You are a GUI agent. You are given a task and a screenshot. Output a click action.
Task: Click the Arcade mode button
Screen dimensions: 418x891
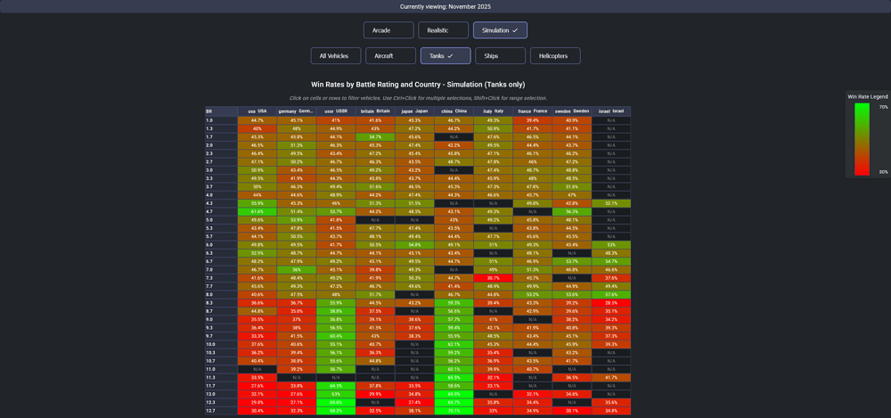[388, 30]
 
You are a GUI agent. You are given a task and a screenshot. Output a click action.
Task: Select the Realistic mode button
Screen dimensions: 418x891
[443, 30]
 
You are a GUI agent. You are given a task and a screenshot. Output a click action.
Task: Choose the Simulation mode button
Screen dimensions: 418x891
[500, 30]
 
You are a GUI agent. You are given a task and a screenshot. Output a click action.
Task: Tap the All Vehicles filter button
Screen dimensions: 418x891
[334, 56]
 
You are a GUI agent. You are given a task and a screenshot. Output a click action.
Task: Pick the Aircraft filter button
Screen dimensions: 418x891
[390, 56]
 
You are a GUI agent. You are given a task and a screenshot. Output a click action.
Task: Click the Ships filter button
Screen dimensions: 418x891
[500, 56]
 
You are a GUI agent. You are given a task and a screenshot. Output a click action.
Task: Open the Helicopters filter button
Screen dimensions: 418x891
[555, 56]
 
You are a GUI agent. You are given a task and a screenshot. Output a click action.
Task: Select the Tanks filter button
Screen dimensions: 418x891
[445, 56]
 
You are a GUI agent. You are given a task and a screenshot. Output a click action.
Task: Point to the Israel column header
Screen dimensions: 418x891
[611, 111]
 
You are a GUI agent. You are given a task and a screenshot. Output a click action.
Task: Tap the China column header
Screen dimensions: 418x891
[454, 111]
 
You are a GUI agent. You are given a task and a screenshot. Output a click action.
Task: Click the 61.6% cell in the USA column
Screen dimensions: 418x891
[257, 211]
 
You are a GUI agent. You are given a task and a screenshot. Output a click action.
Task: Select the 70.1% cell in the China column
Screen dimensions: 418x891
[454, 411]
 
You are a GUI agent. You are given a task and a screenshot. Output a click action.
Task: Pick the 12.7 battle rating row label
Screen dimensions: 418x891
[210, 411]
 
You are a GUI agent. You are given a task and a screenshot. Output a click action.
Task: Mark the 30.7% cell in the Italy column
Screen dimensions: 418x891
[493, 278]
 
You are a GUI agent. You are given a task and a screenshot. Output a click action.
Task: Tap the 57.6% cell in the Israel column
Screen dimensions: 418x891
[611, 294]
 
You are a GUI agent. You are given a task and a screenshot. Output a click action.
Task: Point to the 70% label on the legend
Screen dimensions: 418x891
[883, 107]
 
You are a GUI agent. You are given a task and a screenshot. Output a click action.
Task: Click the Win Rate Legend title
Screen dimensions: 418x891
[867, 96]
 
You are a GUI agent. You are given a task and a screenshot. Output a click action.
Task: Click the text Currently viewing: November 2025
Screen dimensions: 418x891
[445, 6]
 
